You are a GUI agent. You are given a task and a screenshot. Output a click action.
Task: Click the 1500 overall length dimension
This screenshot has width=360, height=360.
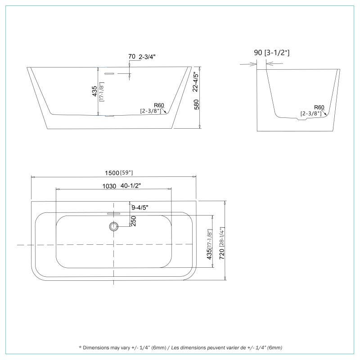111,173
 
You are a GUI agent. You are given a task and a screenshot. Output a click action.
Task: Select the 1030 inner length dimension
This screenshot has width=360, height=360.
109,185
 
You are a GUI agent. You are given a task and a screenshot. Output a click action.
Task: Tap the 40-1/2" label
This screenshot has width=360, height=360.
131,185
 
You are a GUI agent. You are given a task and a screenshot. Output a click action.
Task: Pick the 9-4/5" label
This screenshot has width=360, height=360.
140,207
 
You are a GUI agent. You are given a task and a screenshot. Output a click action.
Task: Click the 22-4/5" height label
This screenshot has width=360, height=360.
195,82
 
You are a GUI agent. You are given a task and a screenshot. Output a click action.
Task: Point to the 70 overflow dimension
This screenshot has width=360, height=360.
132,57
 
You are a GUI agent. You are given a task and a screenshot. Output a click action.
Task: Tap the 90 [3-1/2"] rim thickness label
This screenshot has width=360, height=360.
272,53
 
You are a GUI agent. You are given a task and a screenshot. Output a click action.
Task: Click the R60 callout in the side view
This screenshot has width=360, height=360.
319,107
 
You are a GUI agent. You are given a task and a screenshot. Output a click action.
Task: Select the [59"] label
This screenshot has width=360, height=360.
126,173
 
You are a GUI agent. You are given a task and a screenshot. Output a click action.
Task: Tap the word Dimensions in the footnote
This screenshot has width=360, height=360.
100,347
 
